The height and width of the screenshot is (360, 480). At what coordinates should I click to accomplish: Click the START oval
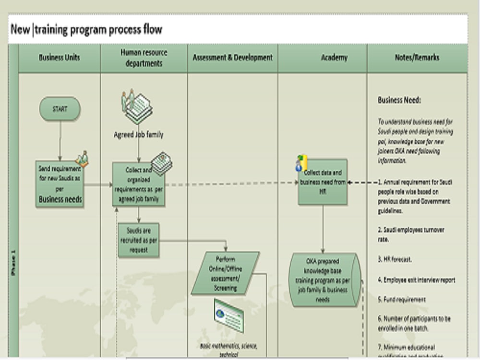coord(60,109)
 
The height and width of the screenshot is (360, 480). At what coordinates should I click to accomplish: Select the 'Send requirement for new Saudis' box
coord(60,184)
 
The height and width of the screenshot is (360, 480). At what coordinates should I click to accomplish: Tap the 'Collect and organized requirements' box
coord(139,184)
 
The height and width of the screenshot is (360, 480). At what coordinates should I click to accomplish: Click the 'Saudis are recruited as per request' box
coord(139,240)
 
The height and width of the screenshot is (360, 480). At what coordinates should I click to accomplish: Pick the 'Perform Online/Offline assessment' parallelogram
coord(226,273)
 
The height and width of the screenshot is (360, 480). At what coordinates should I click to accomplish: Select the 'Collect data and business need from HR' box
coord(323,182)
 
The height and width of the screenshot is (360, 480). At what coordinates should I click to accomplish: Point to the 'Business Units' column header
coord(60,58)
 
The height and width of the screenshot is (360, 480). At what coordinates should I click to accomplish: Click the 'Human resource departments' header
coord(144,58)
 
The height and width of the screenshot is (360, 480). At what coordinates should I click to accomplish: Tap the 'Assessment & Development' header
coord(232,58)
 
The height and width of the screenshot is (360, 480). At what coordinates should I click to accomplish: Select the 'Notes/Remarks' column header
coord(417,58)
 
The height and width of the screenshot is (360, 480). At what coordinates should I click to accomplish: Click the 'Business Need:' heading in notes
coord(399,100)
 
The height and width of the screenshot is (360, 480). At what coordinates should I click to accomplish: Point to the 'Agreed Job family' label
coord(139,135)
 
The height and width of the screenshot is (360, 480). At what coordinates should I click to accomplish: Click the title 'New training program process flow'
coord(86,30)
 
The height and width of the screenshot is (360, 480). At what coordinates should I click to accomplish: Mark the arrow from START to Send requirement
coord(60,140)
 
